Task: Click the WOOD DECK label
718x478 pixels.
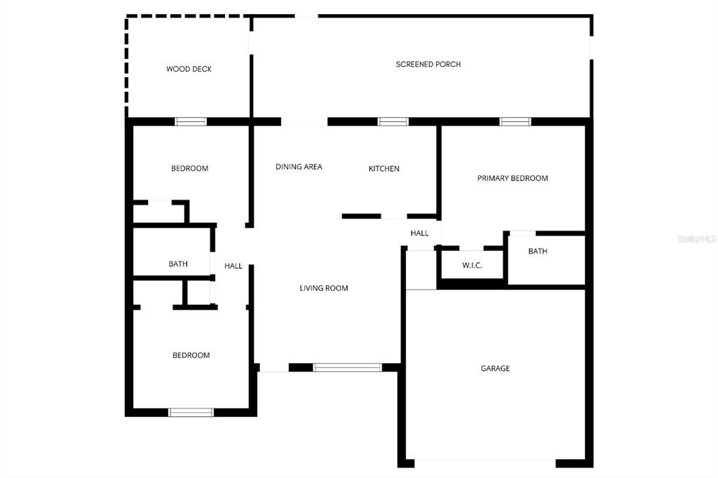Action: click(x=189, y=69)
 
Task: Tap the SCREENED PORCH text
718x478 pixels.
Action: click(x=428, y=64)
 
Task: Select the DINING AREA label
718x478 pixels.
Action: click(x=299, y=167)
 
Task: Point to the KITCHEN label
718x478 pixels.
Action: click(x=384, y=168)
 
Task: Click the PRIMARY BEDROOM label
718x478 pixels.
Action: click(x=513, y=178)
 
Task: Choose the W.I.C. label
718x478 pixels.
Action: click(x=472, y=265)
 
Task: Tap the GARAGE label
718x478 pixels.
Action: click(x=495, y=368)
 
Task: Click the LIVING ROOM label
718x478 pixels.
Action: click(x=324, y=288)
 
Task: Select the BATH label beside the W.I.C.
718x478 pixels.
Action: click(x=538, y=251)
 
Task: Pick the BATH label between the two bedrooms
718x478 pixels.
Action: click(x=177, y=264)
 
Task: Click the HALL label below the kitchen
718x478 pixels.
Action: click(x=419, y=233)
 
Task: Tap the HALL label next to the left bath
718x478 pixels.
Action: click(x=233, y=266)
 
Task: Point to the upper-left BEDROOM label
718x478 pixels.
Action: click(x=189, y=168)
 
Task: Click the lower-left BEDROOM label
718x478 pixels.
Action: click(x=191, y=355)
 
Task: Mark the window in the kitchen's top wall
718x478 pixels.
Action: click(x=393, y=121)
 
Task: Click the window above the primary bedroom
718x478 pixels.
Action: click(x=515, y=121)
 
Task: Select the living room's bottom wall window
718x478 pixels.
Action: click(x=348, y=367)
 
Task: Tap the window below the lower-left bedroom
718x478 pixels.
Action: click(x=191, y=413)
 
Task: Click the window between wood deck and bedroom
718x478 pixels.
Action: click(x=191, y=121)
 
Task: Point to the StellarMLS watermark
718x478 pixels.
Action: click(x=697, y=239)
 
